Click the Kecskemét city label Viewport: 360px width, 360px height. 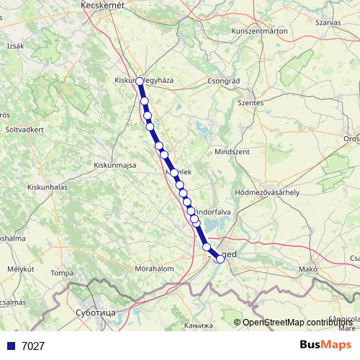click(103, 5)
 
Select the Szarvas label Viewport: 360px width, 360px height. click(328, 22)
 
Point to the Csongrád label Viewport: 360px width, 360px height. click(222, 81)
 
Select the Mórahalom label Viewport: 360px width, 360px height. click(155, 269)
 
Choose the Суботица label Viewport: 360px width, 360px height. click(95, 313)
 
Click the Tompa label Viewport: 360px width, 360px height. click(63, 273)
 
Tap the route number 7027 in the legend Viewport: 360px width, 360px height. click(33, 346)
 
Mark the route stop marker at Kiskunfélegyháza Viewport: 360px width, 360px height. click(140, 82)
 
